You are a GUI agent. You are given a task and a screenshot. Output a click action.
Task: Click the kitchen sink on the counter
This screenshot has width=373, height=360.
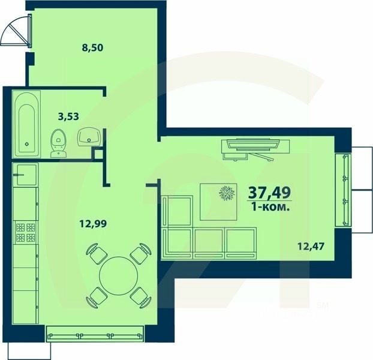(26, 175)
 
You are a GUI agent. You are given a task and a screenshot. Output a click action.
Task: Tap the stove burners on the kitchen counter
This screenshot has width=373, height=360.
(25, 232)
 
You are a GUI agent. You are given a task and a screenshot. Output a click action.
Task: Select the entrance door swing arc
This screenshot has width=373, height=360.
(15, 33)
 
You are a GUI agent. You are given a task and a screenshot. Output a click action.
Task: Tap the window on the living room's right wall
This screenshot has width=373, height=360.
(345, 190)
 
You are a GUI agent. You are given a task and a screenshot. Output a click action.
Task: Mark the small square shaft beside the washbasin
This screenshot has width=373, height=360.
(97, 152)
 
